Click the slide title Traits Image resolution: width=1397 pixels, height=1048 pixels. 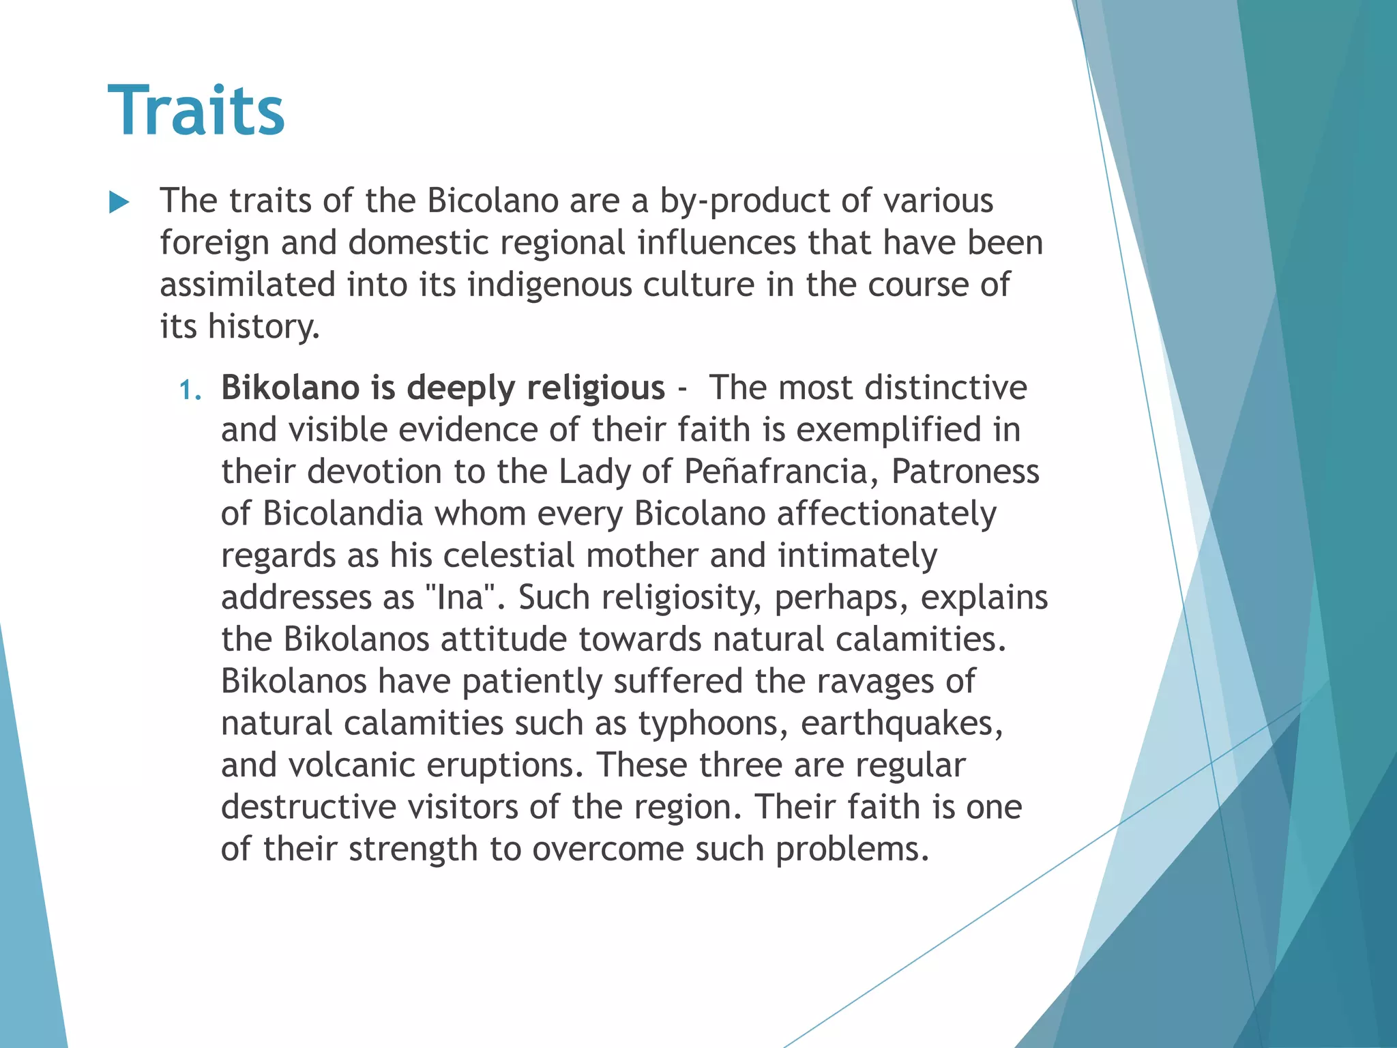(x=196, y=111)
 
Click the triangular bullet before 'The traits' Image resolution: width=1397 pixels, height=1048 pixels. (x=119, y=202)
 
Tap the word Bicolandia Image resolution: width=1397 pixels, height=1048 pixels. (x=343, y=514)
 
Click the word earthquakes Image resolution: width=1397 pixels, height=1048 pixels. (x=901, y=724)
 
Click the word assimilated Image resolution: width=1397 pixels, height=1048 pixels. (x=248, y=285)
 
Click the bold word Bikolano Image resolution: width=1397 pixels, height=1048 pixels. (x=290, y=388)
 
